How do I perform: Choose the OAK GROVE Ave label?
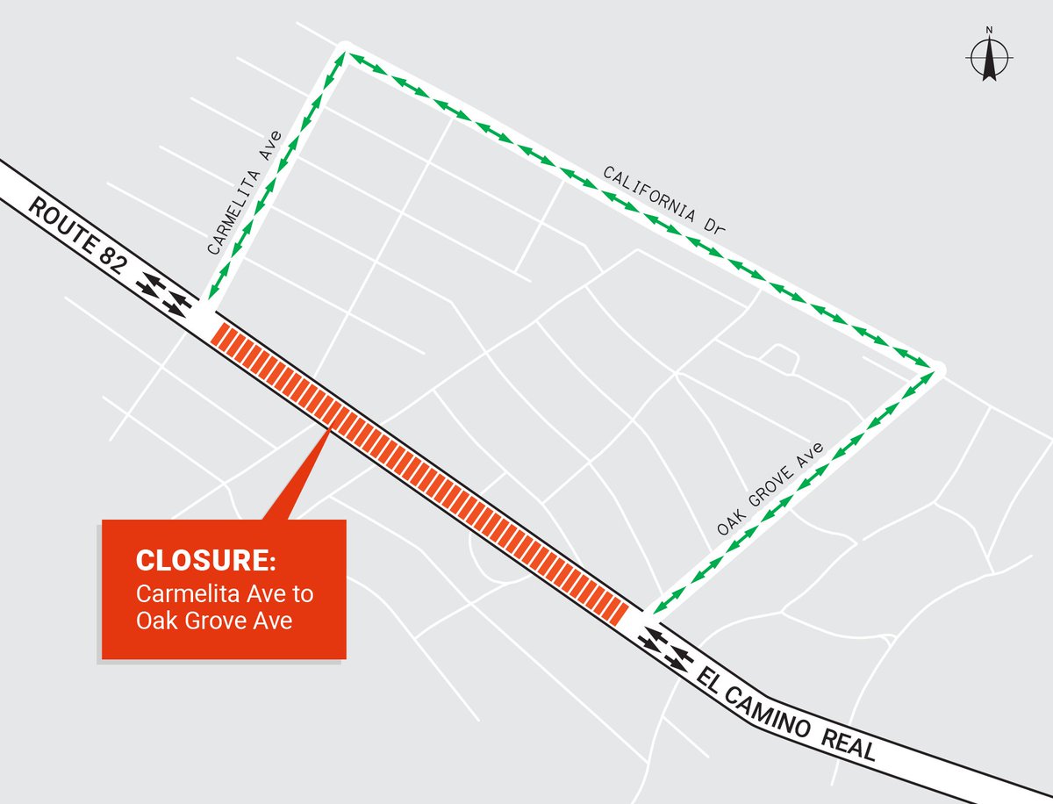pos(771,490)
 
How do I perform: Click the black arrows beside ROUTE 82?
pos(166,294)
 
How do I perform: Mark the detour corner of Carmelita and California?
pos(343,54)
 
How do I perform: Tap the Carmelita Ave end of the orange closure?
pos(219,333)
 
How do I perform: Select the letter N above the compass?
pos(989,31)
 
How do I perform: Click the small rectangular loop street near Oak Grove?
pos(778,356)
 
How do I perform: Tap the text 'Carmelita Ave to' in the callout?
pos(224,594)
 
